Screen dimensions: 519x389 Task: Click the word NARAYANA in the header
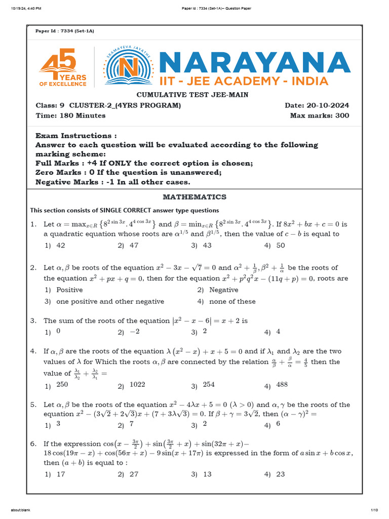tap(254, 62)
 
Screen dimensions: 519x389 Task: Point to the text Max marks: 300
tap(319, 116)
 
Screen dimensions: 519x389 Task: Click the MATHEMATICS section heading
tap(194, 197)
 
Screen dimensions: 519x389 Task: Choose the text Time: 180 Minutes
tap(70, 116)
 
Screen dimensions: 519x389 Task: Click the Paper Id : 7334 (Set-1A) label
tap(64, 31)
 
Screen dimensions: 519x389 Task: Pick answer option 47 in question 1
tap(134, 245)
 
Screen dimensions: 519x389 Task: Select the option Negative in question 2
tap(223, 290)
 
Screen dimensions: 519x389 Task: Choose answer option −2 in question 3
tap(134, 331)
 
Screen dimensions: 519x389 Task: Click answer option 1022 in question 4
tap(137, 385)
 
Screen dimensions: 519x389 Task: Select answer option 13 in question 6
tap(207, 474)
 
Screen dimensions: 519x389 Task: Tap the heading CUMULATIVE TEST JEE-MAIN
tap(192, 95)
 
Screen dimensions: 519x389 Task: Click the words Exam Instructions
tap(76, 136)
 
